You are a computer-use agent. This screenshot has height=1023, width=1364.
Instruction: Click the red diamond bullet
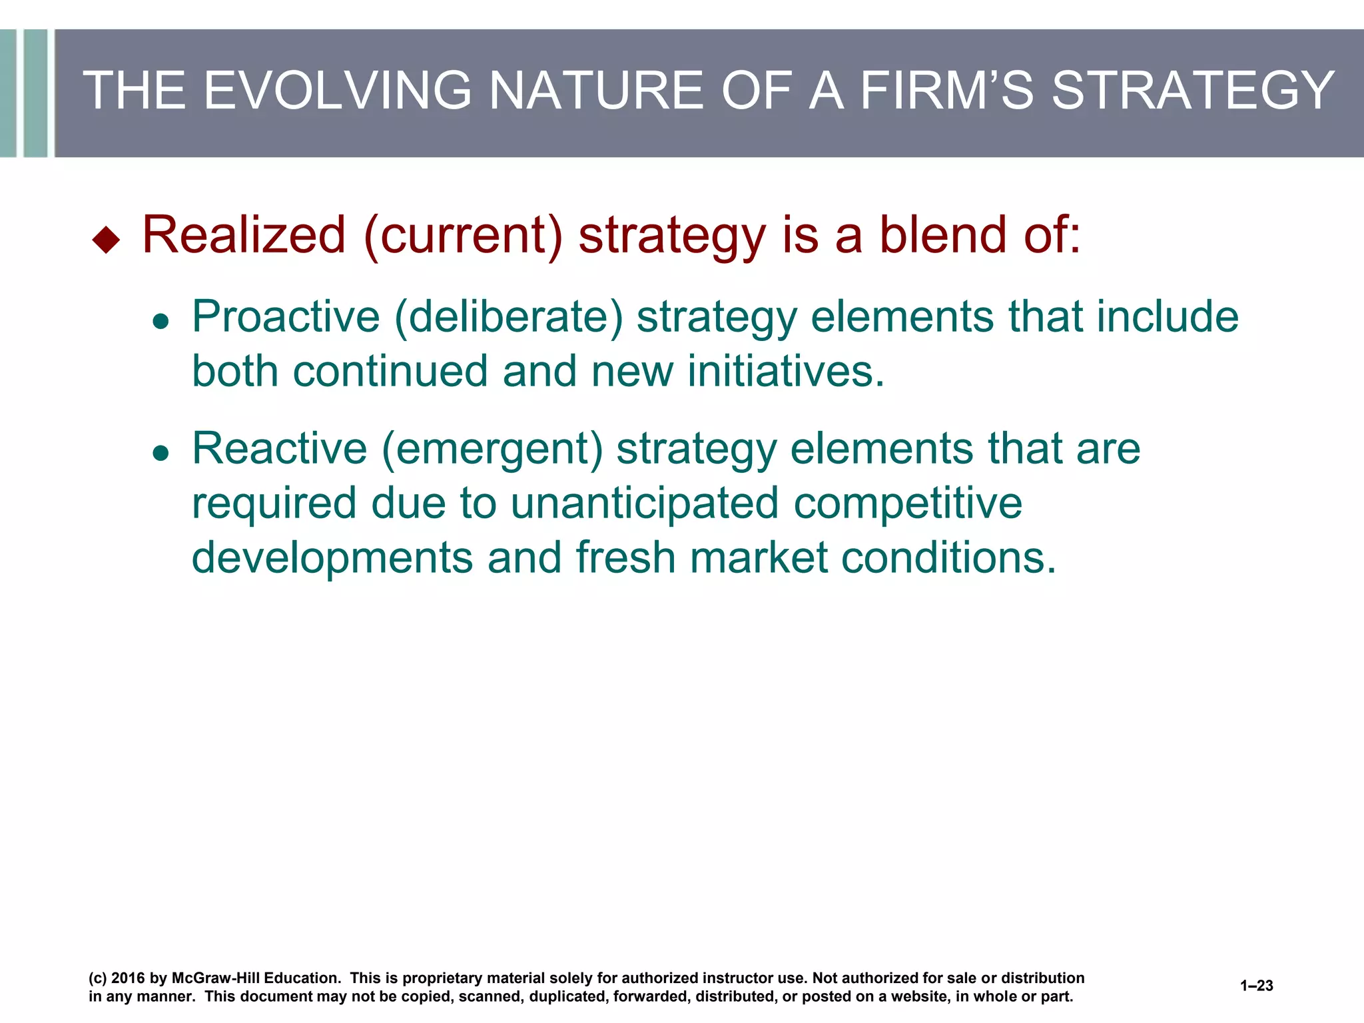[106, 240]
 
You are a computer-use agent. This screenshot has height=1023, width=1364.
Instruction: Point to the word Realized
[244, 234]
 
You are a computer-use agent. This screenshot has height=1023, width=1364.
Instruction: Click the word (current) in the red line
[463, 236]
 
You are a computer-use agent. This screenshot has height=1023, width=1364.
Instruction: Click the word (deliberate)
[509, 317]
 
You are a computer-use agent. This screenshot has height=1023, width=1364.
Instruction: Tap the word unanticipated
[644, 504]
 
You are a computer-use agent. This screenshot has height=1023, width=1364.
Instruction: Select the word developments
[332, 557]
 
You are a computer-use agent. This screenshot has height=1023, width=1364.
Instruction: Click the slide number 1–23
[1256, 986]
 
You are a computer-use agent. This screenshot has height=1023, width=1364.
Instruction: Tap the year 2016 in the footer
[128, 978]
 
